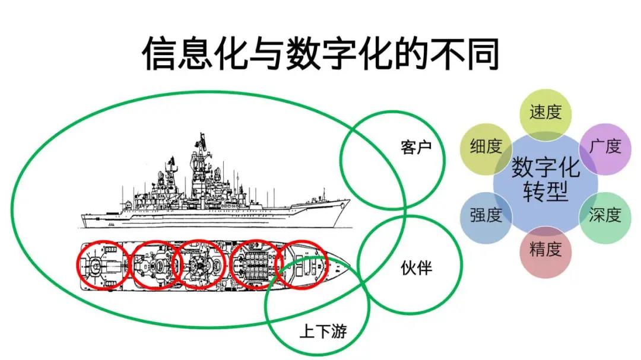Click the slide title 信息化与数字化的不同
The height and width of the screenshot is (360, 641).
click(320, 53)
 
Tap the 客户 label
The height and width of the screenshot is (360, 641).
click(416, 147)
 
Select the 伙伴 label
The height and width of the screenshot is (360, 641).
click(416, 268)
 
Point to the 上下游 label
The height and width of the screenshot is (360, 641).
click(323, 330)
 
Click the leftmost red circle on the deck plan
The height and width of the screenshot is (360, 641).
click(78, 265)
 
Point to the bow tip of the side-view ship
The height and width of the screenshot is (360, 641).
click(350, 200)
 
